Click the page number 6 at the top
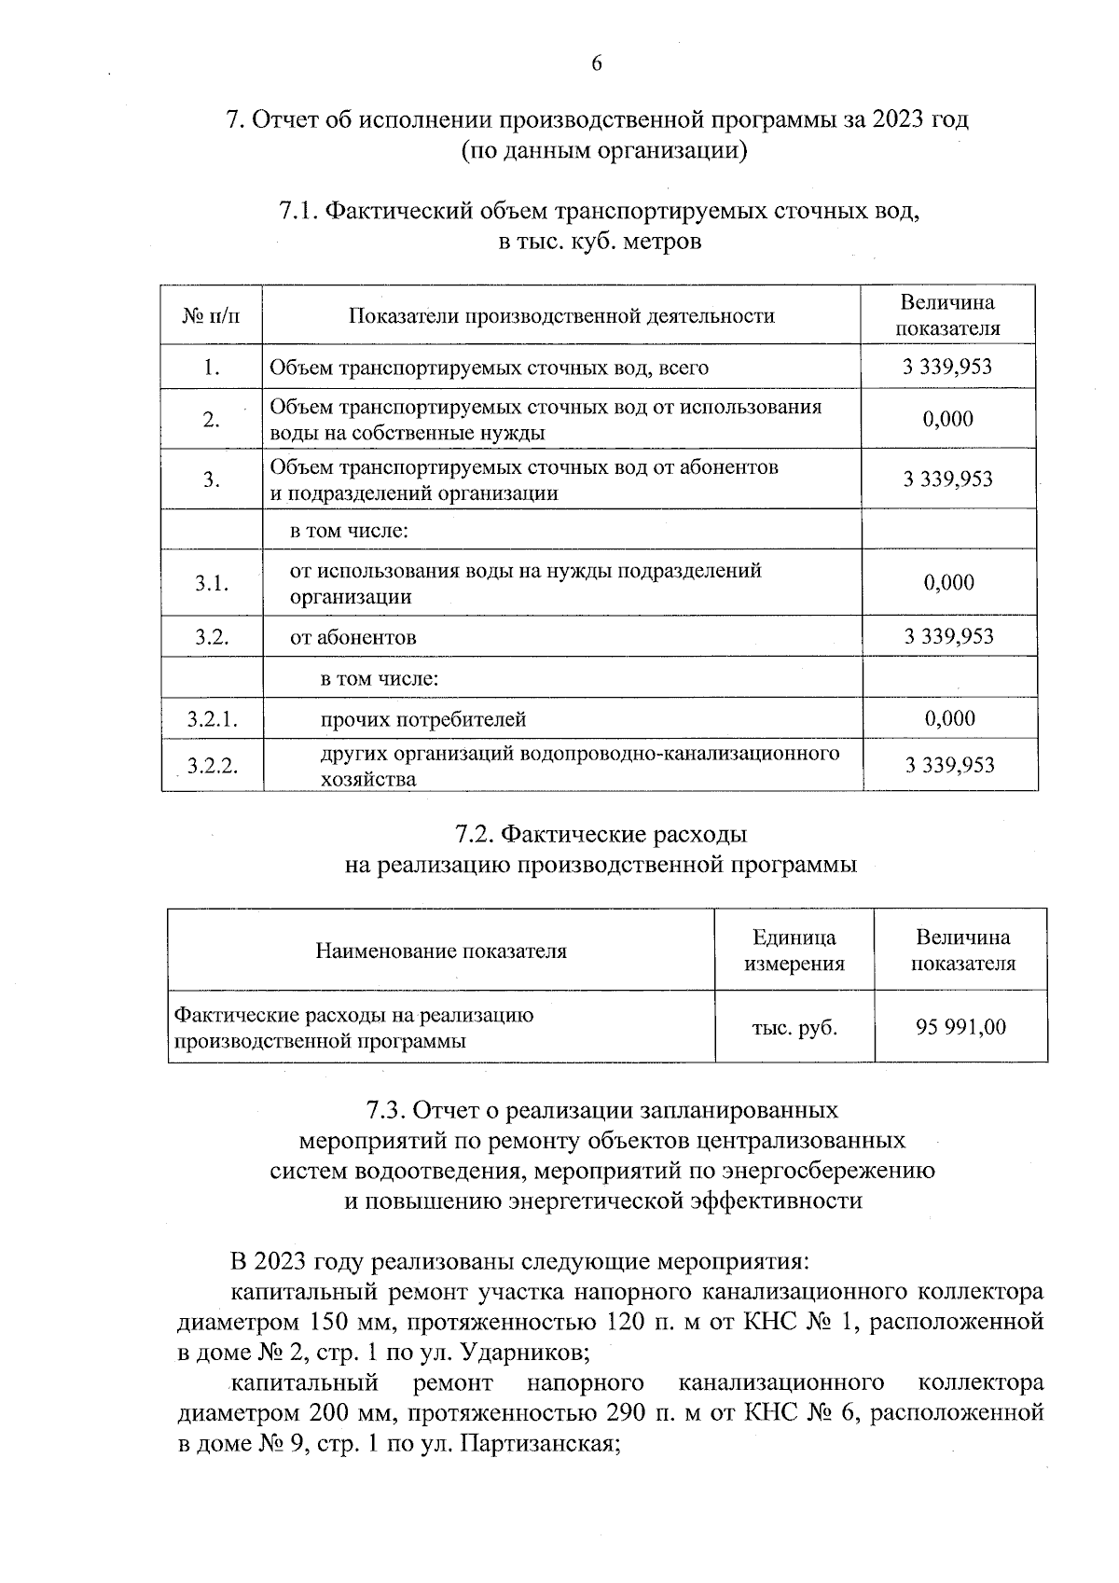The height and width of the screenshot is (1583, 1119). point(597,63)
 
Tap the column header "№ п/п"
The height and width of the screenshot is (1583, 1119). point(212,315)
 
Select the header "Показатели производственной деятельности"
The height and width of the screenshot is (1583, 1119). point(561,315)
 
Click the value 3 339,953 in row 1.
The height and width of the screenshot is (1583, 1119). point(947,367)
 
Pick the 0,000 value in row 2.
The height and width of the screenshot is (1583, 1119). point(947,419)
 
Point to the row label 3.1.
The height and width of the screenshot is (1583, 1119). point(212,583)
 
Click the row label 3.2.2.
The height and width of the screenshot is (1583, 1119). point(212,766)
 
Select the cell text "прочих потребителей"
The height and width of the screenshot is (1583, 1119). point(423,719)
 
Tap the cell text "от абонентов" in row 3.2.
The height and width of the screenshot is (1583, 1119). point(353,637)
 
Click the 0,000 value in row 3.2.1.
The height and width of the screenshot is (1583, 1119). point(949,718)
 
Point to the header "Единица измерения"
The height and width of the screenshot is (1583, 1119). point(794,951)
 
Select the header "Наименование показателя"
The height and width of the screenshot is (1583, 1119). point(441,951)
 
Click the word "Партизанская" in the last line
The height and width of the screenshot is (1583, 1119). point(538,1444)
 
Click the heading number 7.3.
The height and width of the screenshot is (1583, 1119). point(385,1110)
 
